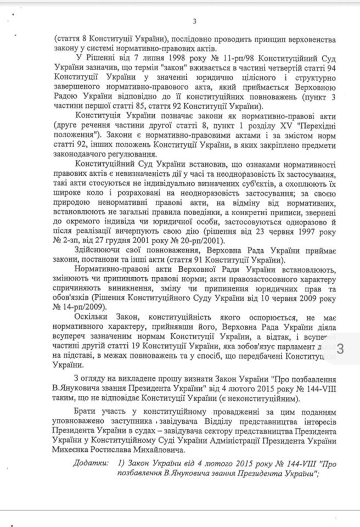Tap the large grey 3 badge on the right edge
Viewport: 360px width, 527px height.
(340, 349)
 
